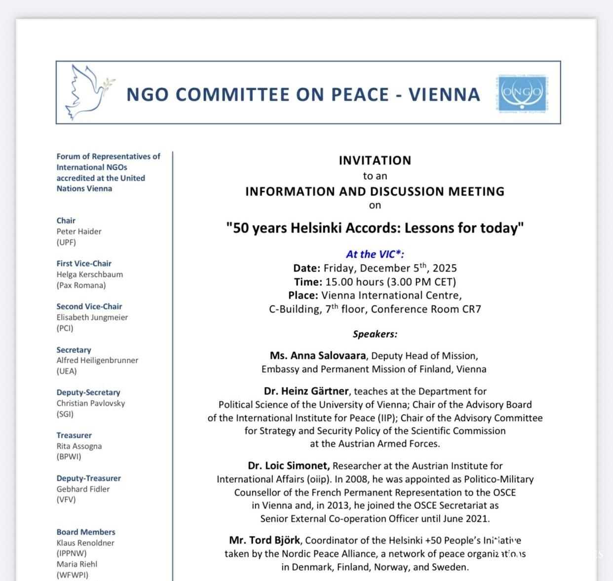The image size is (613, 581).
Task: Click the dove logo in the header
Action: coord(87,92)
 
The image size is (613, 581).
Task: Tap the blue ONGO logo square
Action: coord(522,93)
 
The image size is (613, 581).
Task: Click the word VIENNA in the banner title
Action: coord(444,95)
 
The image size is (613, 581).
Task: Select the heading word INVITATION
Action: coord(375,160)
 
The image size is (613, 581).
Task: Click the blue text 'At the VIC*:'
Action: coord(375,254)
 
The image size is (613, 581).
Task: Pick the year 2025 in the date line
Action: coord(445,269)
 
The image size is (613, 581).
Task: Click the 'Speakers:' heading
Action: coord(375,334)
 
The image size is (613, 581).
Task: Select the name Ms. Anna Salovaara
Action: coord(318,356)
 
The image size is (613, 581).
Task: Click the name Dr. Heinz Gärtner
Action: coord(306,391)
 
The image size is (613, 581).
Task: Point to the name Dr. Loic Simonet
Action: coord(289,466)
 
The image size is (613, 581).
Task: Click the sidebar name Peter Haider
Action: coord(79,232)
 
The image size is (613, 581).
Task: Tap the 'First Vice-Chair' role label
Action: coord(84,264)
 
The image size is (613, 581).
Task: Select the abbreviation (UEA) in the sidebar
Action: coord(67,371)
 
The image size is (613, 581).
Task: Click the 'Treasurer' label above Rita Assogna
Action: coord(74,435)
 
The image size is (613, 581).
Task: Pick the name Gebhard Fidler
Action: coord(83,489)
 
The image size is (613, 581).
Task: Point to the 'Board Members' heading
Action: coord(86,532)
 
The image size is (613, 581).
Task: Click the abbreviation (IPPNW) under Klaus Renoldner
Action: coord(72,553)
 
